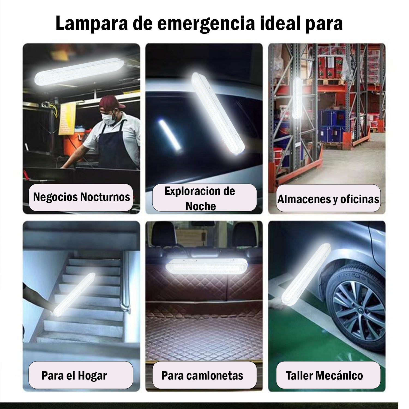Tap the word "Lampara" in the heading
pyautogui.click(x=92, y=24)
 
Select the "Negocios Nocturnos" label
pyautogui.click(x=81, y=197)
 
